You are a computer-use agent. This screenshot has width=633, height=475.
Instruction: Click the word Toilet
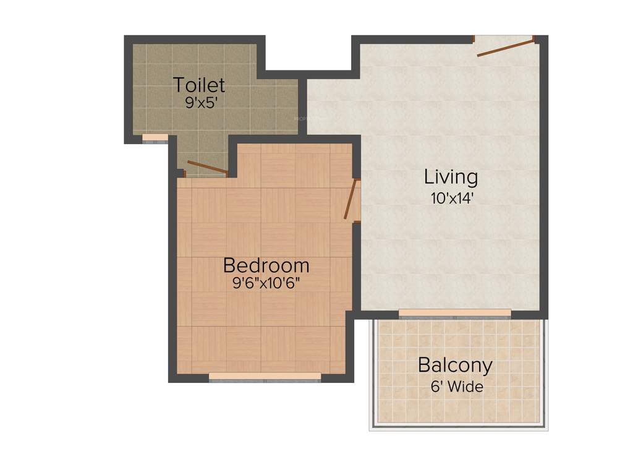199,84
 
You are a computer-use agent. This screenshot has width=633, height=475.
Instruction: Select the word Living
451,177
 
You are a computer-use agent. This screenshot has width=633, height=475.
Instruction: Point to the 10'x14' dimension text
452,199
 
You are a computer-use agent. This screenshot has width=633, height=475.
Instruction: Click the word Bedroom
266,265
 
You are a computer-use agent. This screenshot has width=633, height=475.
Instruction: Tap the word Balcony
455,365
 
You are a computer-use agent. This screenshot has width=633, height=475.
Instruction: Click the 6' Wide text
457,388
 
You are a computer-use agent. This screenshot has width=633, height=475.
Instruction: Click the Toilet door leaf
207,168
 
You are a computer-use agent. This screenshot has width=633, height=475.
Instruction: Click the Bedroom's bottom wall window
265,377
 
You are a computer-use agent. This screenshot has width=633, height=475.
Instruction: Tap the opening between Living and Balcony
455,314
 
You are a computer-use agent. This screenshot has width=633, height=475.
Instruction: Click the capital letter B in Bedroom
229,266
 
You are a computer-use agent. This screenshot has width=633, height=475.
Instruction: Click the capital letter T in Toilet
179,84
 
